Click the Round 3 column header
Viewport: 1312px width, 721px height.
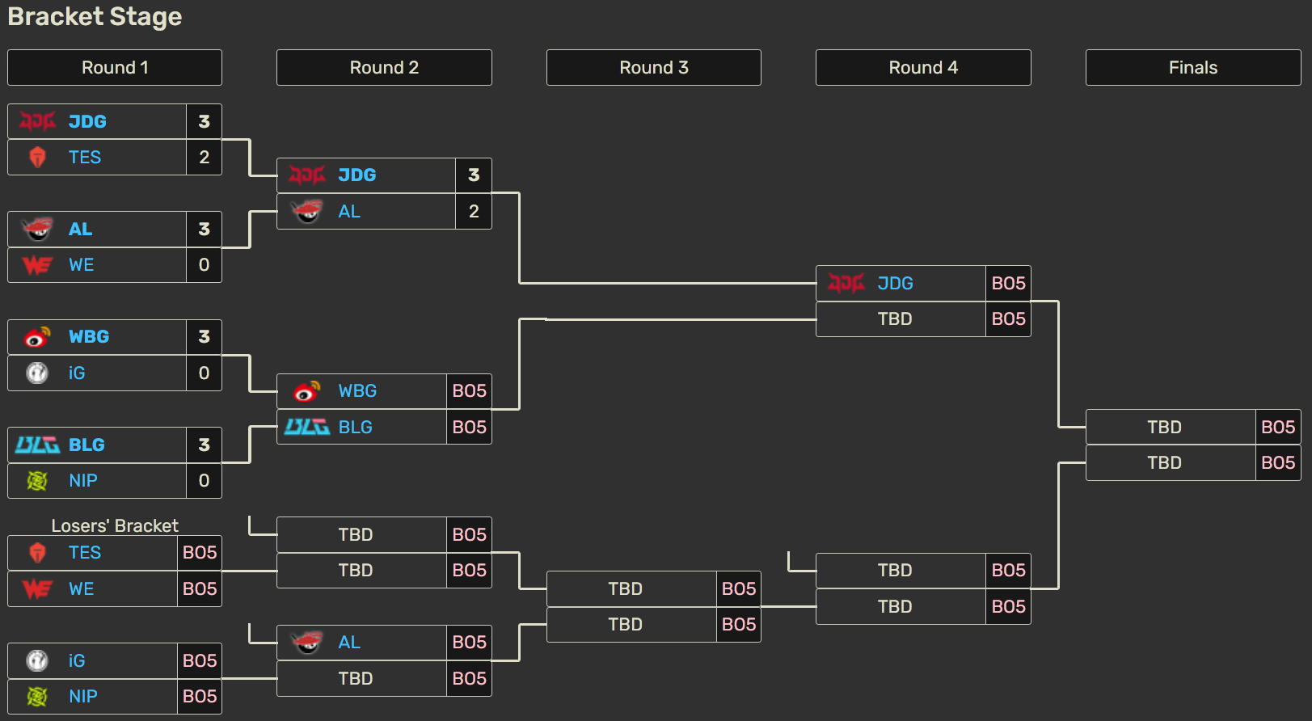[x=653, y=68]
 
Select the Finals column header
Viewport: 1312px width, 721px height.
[x=1192, y=68]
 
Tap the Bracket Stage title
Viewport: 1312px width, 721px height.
[x=95, y=17]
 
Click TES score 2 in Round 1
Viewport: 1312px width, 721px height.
[x=204, y=157]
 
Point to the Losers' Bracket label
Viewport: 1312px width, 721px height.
[x=115, y=525]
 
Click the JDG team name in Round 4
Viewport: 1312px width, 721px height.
[x=895, y=283]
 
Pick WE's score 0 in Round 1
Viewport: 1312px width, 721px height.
[x=204, y=265]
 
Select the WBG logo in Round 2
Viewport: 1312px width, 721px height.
[x=307, y=391]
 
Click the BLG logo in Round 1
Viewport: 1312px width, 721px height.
[x=37, y=445]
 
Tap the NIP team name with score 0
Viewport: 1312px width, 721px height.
[x=83, y=481]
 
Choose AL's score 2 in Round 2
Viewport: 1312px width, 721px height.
[x=474, y=212]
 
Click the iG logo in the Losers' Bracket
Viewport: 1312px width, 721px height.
[x=37, y=660]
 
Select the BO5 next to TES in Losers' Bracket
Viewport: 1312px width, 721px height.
[x=200, y=553]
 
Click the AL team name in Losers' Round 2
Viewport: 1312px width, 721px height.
[x=349, y=643]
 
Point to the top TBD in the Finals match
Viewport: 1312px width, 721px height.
[x=1164, y=427]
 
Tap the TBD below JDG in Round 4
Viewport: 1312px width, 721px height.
[x=895, y=319]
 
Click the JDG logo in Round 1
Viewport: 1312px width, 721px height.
[x=37, y=121]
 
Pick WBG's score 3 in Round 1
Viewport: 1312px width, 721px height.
[x=204, y=337]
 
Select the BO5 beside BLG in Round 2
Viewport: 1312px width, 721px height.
[x=469, y=427]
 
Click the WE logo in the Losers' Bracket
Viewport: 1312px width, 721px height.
[x=37, y=588]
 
